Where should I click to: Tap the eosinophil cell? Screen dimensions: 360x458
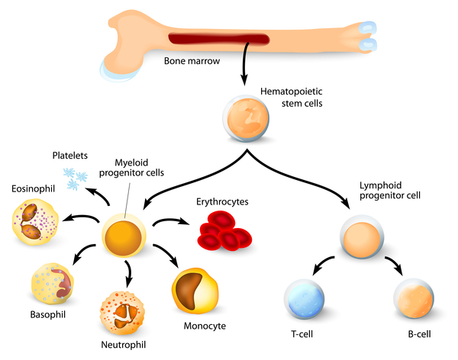(x=35, y=220)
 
